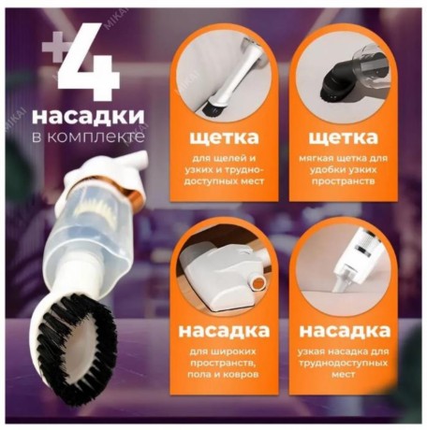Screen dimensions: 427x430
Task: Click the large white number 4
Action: [x=89, y=61]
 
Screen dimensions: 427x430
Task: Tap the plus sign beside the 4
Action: [x=54, y=50]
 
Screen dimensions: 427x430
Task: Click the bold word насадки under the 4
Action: [x=88, y=116]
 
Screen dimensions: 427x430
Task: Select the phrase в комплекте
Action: [x=88, y=136]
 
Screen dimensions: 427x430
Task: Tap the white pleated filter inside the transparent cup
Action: [x=90, y=207]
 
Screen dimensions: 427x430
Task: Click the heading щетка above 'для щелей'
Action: [x=224, y=138]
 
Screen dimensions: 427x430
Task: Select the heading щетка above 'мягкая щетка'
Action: [x=344, y=138]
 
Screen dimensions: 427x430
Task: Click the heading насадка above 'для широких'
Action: [x=224, y=331]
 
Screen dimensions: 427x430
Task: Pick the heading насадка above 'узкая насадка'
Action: [x=345, y=331]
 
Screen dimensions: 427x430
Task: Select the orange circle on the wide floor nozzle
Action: [x=258, y=283]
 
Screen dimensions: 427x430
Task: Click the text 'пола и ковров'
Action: [x=223, y=374]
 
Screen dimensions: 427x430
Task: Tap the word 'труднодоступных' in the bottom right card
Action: [x=344, y=364]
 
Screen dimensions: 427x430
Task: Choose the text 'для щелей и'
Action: [x=224, y=158]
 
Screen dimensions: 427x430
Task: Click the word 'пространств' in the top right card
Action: [x=344, y=181]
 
